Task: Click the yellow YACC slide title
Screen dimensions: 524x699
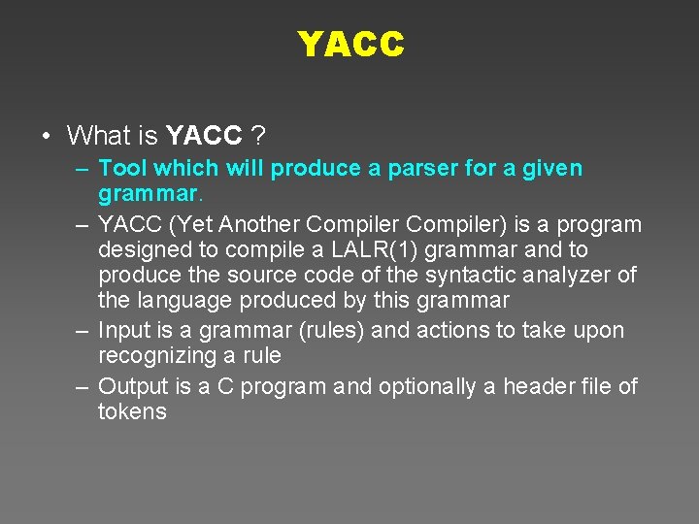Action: pos(349,44)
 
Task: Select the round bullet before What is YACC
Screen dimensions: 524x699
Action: pos(47,135)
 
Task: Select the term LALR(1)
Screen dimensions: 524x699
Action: pos(375,250)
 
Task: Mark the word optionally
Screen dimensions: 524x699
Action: pos(426,386)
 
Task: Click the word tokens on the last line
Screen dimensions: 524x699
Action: pos(132,411)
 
